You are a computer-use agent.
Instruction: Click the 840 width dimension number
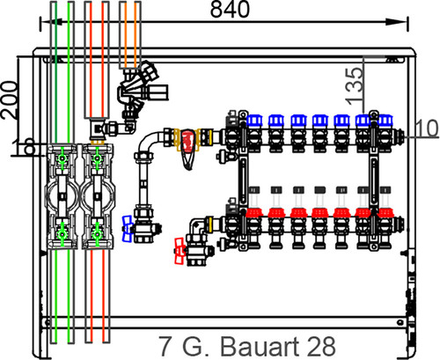pyautogui.click(x=230, y=9)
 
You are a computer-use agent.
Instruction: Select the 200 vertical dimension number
pyautogui.click(x=9, y=99)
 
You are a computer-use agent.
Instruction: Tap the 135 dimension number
pyautogui.click(x=354, y=86)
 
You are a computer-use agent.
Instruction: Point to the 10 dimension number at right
pyautogui.click(x=427, y=128)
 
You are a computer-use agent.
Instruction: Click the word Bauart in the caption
pyautogui.click(x=259, y=346)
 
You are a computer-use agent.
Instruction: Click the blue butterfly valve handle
pyautogui.click(x=127, y=229)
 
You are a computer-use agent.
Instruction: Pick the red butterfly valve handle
pyautogui.click(x=180, y=251)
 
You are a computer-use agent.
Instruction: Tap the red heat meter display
pyautogui.click(x=188, y=142)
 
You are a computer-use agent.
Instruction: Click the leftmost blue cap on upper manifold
pyautogui.click(x=254, y=121)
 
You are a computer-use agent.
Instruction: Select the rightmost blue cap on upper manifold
pyautogui.click(x=385, y=121)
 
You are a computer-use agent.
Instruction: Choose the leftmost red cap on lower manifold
pyautogui.click(x=254, y=212)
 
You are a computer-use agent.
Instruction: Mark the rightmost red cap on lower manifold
pyautogui.click(x=385, y=212)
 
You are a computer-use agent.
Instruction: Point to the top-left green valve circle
pyautogui.click(x=62, y=158)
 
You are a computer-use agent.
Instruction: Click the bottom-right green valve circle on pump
pyautogui.click(x=97, y=234)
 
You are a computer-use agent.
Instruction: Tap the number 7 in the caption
pyautogui.click(x=165, y=346)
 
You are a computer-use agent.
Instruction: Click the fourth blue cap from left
pyautogui.click(x=320, y=121)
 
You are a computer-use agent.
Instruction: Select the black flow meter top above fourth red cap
pyautogui.click(x=320, y=190)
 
